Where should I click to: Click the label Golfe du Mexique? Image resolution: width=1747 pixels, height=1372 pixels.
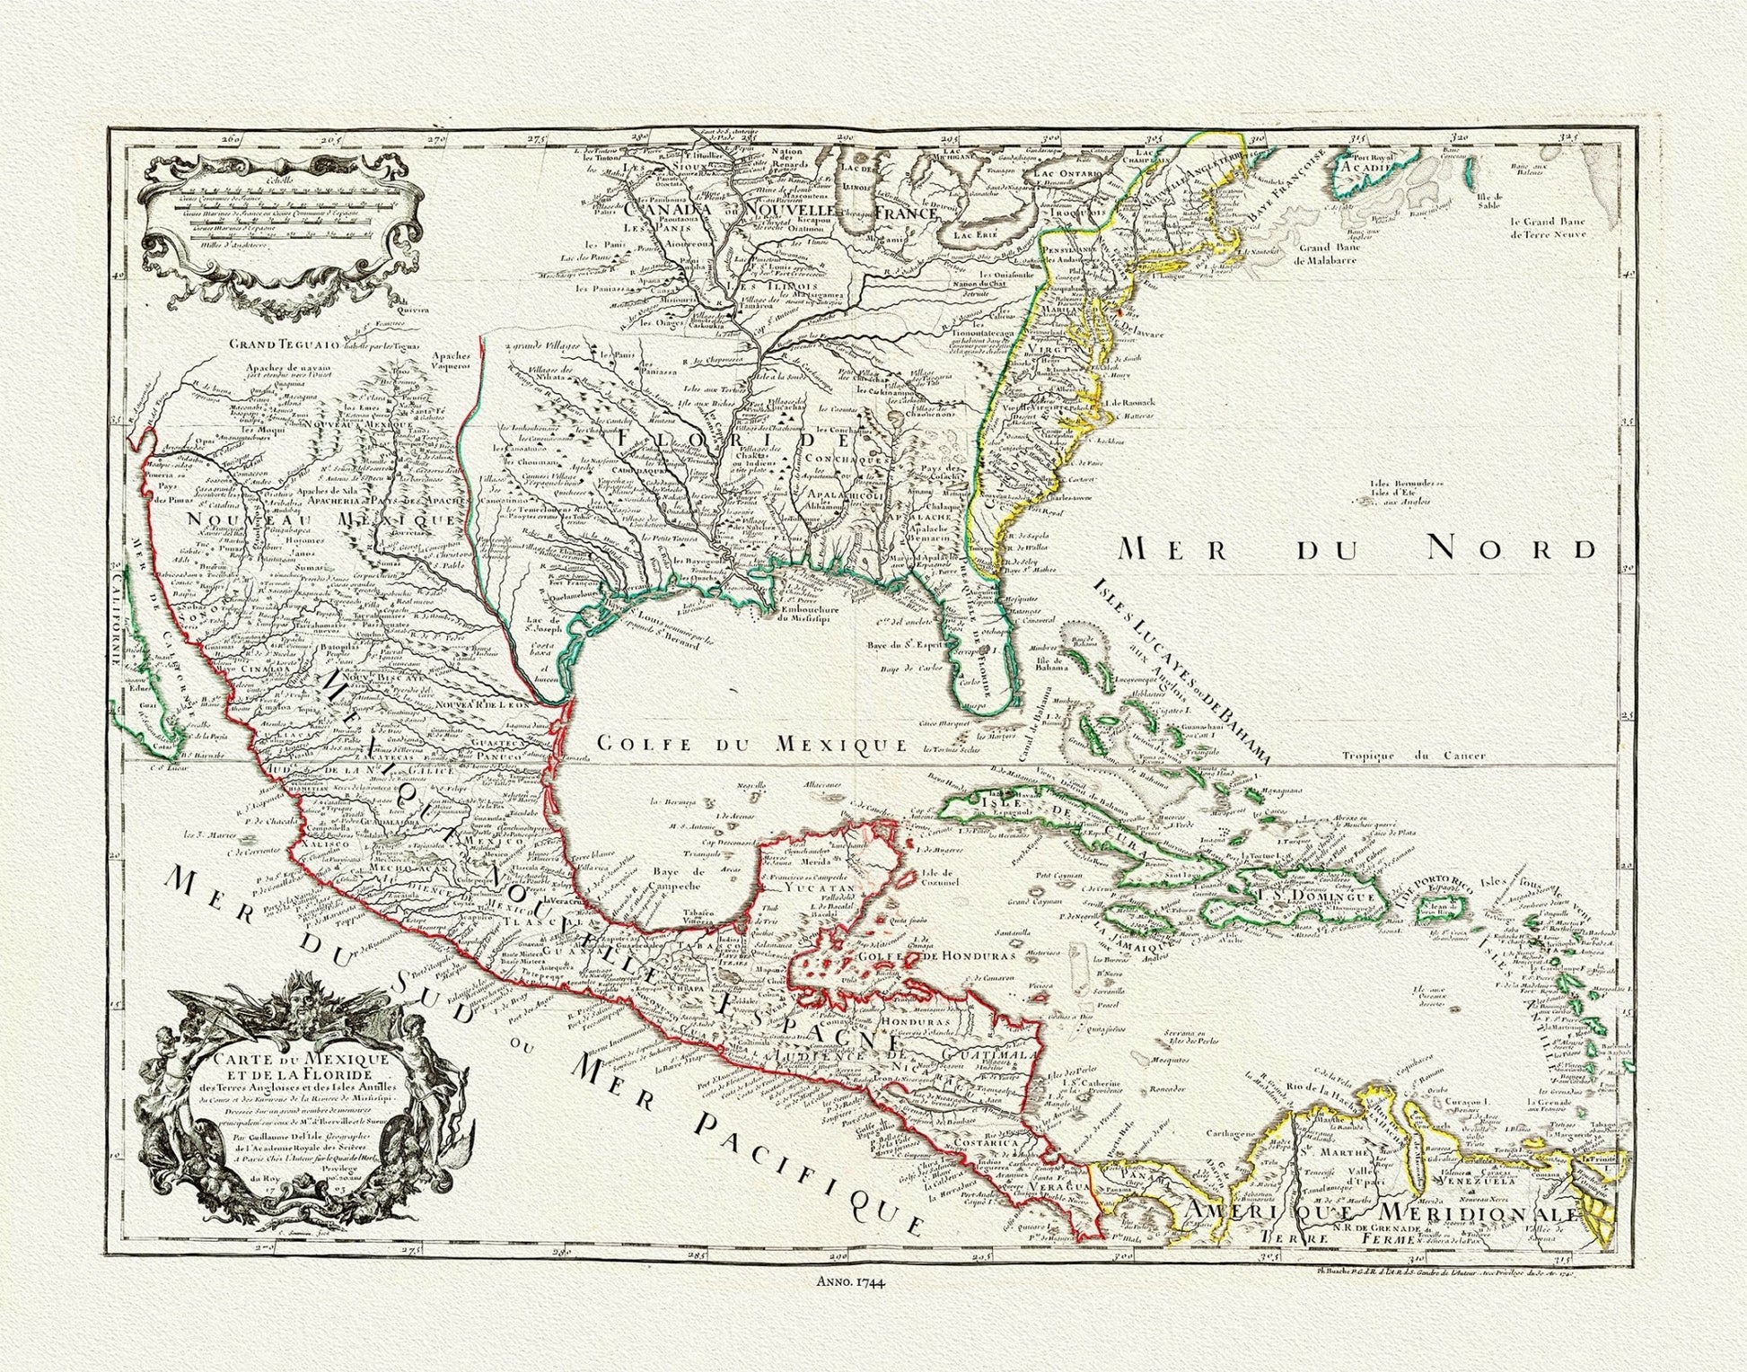click(752, 744)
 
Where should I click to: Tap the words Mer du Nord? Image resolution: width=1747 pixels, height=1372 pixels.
click(1354, 548)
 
